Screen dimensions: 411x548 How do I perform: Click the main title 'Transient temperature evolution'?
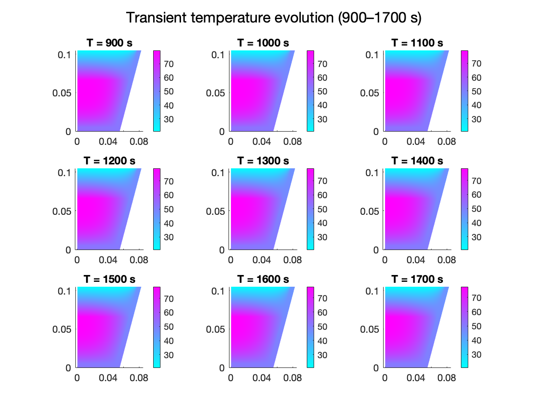[274, 18]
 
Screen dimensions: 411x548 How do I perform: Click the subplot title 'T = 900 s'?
[109, 43]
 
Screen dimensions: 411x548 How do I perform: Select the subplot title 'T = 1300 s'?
[263, 161]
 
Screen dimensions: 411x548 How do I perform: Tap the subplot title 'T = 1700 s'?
[417, 279]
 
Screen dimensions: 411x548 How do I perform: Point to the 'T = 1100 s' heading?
[417, 43]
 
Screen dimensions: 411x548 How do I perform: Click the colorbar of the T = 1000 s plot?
[311, 91]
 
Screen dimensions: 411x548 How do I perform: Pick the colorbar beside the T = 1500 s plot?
[157, 326]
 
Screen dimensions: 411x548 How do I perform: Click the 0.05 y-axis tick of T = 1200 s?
[63, 211]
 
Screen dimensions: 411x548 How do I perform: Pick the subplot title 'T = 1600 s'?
[263, 279]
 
